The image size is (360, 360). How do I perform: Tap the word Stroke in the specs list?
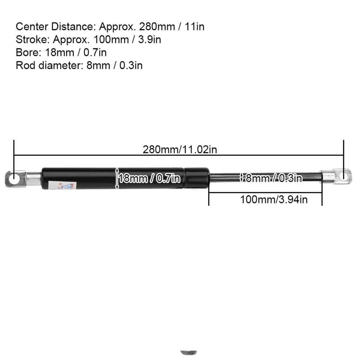click(x=27, y=40)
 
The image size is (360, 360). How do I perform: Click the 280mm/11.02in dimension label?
click(x=180, y=149)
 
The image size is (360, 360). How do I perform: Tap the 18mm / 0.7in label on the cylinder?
click(x=149, y=178)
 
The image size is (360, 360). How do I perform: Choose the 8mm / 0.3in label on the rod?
click(x=273, y=178)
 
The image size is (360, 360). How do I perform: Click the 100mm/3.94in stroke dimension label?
click(x=274, y=199)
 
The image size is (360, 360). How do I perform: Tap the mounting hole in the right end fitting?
click(x=345, y=175)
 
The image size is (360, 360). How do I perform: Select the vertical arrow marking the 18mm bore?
click(x=117, y=178)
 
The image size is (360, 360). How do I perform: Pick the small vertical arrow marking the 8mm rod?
click(x=242, y=177)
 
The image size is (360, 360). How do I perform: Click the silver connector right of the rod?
click(x=328, y=177)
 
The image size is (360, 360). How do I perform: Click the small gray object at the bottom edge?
click(x=188, y=352)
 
